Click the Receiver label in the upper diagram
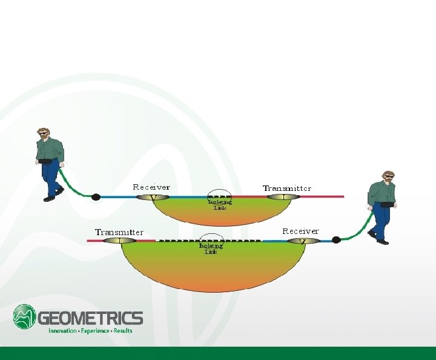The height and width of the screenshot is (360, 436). click(151, 187)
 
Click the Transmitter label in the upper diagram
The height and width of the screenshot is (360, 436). click(287, 188)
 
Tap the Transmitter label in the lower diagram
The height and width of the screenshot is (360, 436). click(119, 232)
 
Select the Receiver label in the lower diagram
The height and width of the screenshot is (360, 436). click(300, 231)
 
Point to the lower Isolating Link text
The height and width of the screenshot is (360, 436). click(211, 248)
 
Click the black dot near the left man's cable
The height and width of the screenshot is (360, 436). click(96, 196)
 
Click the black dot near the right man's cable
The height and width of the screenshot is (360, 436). click(336, 240)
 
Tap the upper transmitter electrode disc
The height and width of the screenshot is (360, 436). click(284, 197)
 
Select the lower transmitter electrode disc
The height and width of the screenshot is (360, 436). click(120, 241)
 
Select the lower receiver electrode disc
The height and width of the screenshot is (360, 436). click(303, 241)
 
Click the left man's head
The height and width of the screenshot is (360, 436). click(42, 133)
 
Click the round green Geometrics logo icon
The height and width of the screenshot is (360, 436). click(25, 316)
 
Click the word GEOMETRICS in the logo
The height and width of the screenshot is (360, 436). click(91, 318)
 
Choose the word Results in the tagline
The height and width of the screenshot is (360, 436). click(123, 331)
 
